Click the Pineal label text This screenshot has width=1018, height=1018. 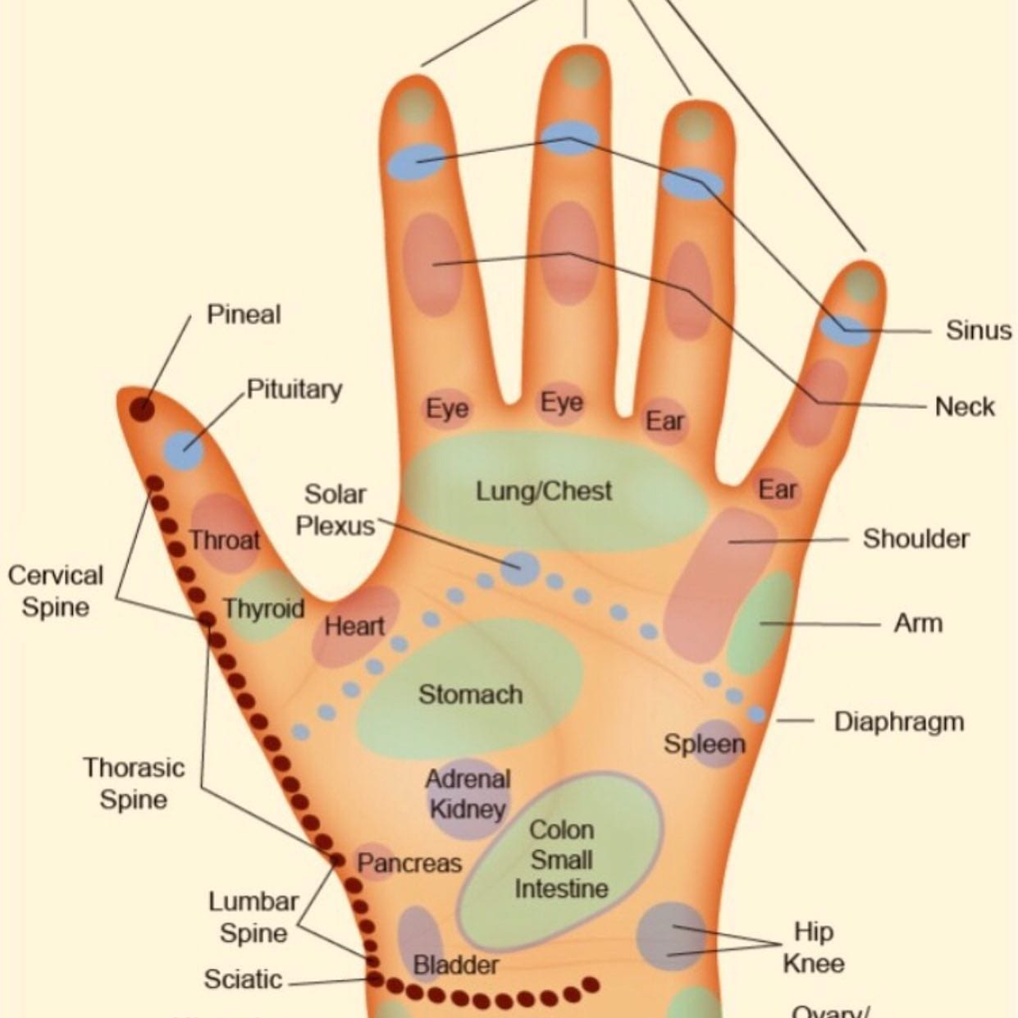coord(243,314)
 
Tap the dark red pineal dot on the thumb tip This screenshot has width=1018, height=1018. coord(143,408)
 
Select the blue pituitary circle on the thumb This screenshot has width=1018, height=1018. coord(183,450)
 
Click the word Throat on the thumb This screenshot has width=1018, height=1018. coord(224,541)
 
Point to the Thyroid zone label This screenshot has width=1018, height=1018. coord(263,609)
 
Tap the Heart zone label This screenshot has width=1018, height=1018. coord(354,627)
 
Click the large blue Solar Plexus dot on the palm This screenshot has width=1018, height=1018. coord(519,568)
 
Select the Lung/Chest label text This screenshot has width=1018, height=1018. coord(544,491)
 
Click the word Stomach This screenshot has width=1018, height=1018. coord(470,695)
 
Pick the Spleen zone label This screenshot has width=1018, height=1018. coord(705,744)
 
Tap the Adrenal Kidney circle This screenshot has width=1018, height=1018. coord(468,794)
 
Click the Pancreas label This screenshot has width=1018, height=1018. coord(409,863)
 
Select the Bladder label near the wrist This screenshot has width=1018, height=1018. coord(455,965)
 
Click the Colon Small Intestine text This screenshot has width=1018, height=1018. coord(561,859)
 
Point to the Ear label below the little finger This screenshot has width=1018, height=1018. coord(777,490)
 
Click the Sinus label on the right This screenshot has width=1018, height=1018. coord(978,330)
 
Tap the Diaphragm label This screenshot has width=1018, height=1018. coord(898,722)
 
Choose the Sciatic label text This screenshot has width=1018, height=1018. coord(243,979)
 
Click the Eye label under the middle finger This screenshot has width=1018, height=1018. coord(562,403)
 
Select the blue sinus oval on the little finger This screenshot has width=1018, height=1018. coord(845,329)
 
